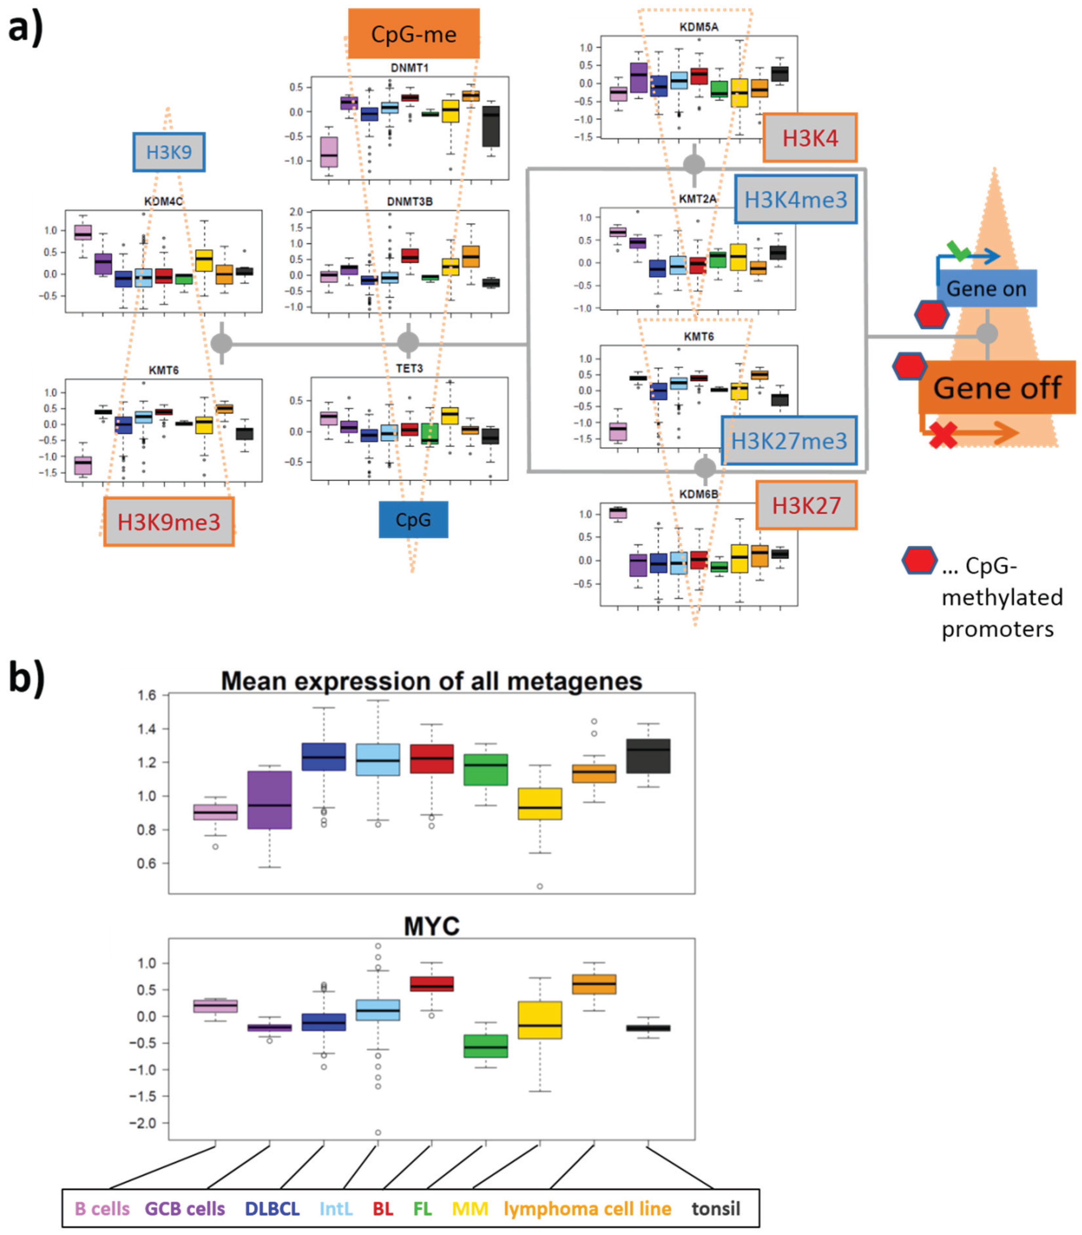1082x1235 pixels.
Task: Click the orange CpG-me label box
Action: pyautogui.click(x=414, y=34)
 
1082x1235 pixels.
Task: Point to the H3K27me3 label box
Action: pyautogui.click(x=789, y=440)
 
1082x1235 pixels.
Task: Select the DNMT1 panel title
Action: pyautogui.click(x=409, y=68)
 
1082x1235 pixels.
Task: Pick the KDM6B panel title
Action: pyautogui.click(x=698, y=494)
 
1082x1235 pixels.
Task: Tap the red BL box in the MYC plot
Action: pyautogui.click(x=432, y=984)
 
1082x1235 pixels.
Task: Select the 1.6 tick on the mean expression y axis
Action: pyautogui.click(x=147, y=695)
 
